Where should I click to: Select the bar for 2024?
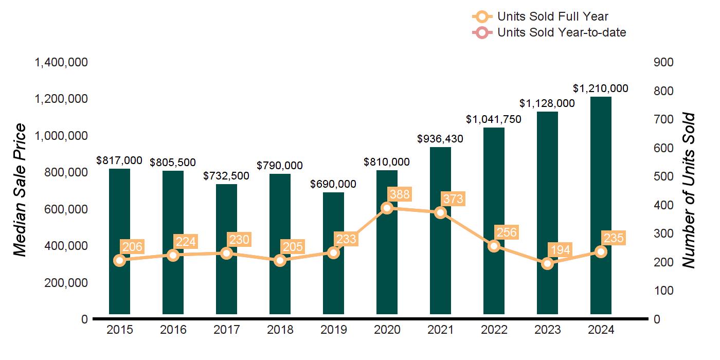click(x=601, y=206)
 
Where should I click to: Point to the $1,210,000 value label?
click(x=601, y=88)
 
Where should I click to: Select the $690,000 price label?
click(x=333, y=184)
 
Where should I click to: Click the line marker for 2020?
click(x=387, y=208)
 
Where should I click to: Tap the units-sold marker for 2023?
click(x=547, y=263)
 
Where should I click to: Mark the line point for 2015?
click(x=119, y=260)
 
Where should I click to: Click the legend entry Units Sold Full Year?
click(x=553, y=17)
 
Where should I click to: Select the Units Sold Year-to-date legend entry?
click(x=562, y=32)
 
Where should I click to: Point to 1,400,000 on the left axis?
click(x=61, y=63)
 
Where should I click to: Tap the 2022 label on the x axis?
click(x=494, y=330)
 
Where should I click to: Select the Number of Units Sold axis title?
click(x=688, y=190)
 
